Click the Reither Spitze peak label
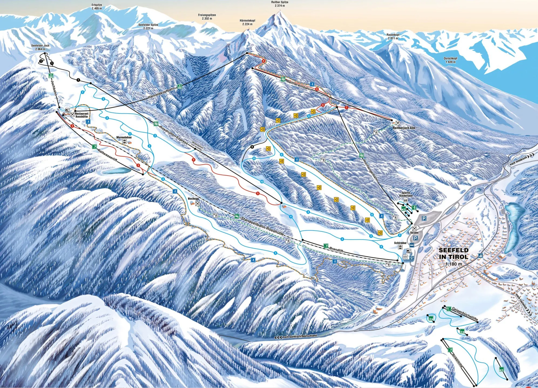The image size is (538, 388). [280, 4]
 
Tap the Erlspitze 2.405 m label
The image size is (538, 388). [97, 6]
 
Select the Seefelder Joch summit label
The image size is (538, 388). [40, 47]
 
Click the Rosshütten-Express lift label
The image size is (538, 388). [173, 136]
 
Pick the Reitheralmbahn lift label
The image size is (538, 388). [299, 85]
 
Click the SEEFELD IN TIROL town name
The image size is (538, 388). [454, 253]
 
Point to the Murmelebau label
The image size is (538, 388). [124, 138]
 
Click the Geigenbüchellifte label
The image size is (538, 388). [465, 314]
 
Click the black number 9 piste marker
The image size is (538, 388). [252, 147]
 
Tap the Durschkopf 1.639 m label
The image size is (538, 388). [450, 60]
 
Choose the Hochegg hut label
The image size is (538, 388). [193, 199]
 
